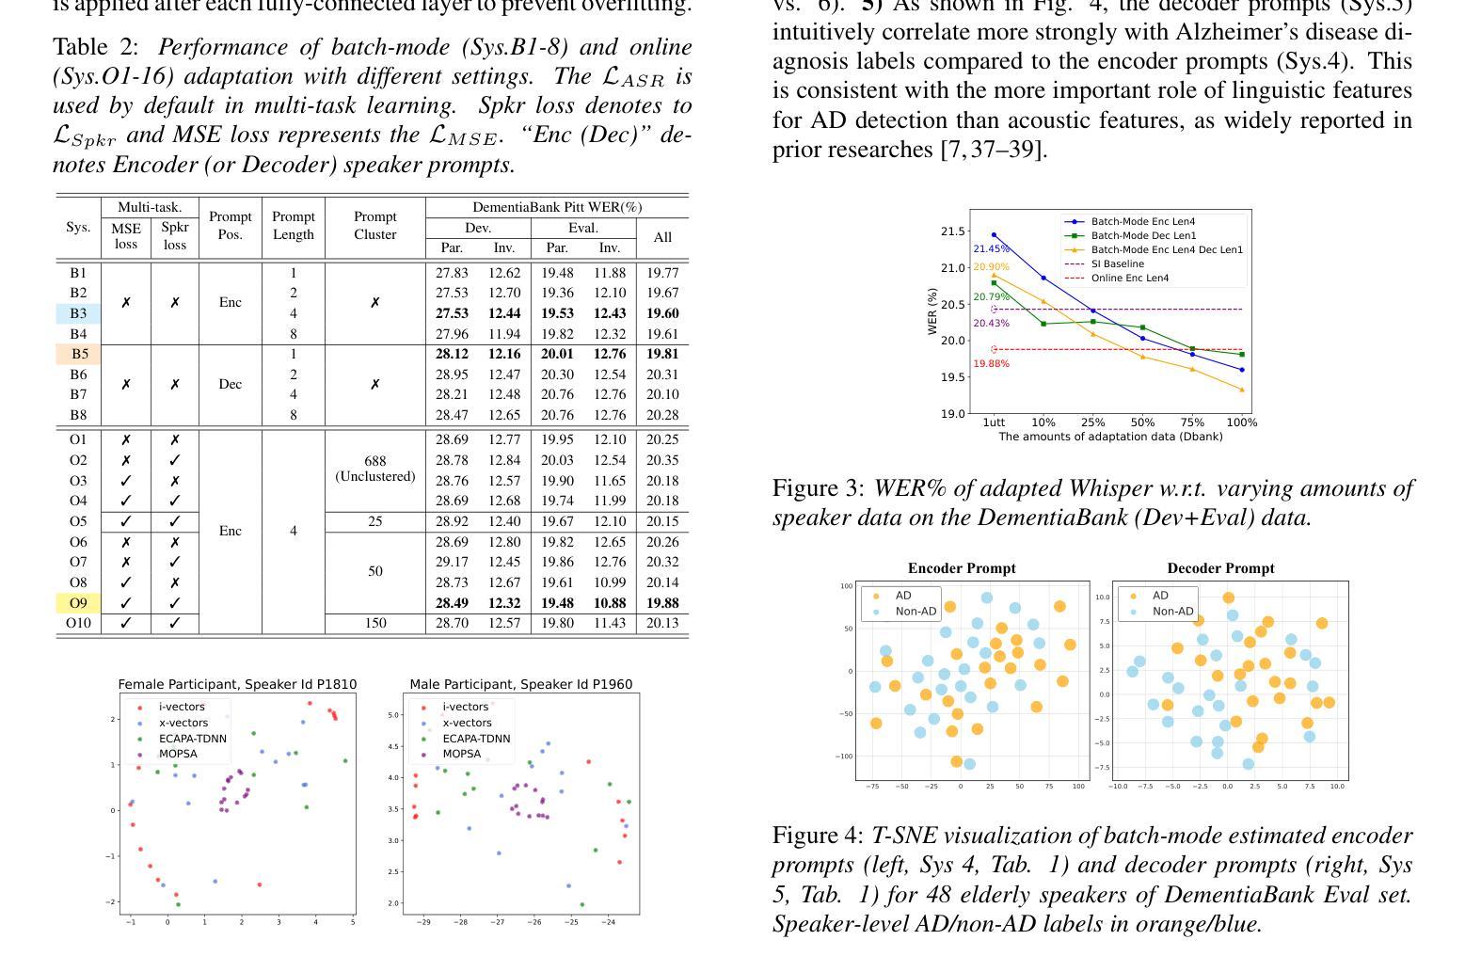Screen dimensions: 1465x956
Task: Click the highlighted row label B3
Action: tap(78, 313)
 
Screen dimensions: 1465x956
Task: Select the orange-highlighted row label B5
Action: tap(80, 354)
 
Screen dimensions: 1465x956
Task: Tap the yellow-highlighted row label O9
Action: tap(78, 603)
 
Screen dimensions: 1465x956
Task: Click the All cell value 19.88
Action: tap(662, 603)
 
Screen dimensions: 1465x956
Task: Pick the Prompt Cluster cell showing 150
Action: tap(375, 623)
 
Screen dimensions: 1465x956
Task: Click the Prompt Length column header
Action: tap(294, 226)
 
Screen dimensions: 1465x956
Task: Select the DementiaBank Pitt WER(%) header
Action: tap(557, 207)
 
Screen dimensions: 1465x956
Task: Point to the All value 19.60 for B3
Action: tap(662, 313)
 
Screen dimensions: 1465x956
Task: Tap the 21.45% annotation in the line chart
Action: tap(991, 248)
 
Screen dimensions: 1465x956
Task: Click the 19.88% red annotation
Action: tap(991, 363)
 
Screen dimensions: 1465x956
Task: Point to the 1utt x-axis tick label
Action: tap(995, 422)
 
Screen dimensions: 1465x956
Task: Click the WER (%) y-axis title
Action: tap(932, 311)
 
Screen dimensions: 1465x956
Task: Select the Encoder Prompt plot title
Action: tap(962, 568)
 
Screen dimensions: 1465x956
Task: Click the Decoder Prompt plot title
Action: tap(1221, 568)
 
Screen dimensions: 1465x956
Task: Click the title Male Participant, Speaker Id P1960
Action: tap(521, 684)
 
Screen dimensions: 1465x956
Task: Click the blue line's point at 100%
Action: tap(1242, 370)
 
